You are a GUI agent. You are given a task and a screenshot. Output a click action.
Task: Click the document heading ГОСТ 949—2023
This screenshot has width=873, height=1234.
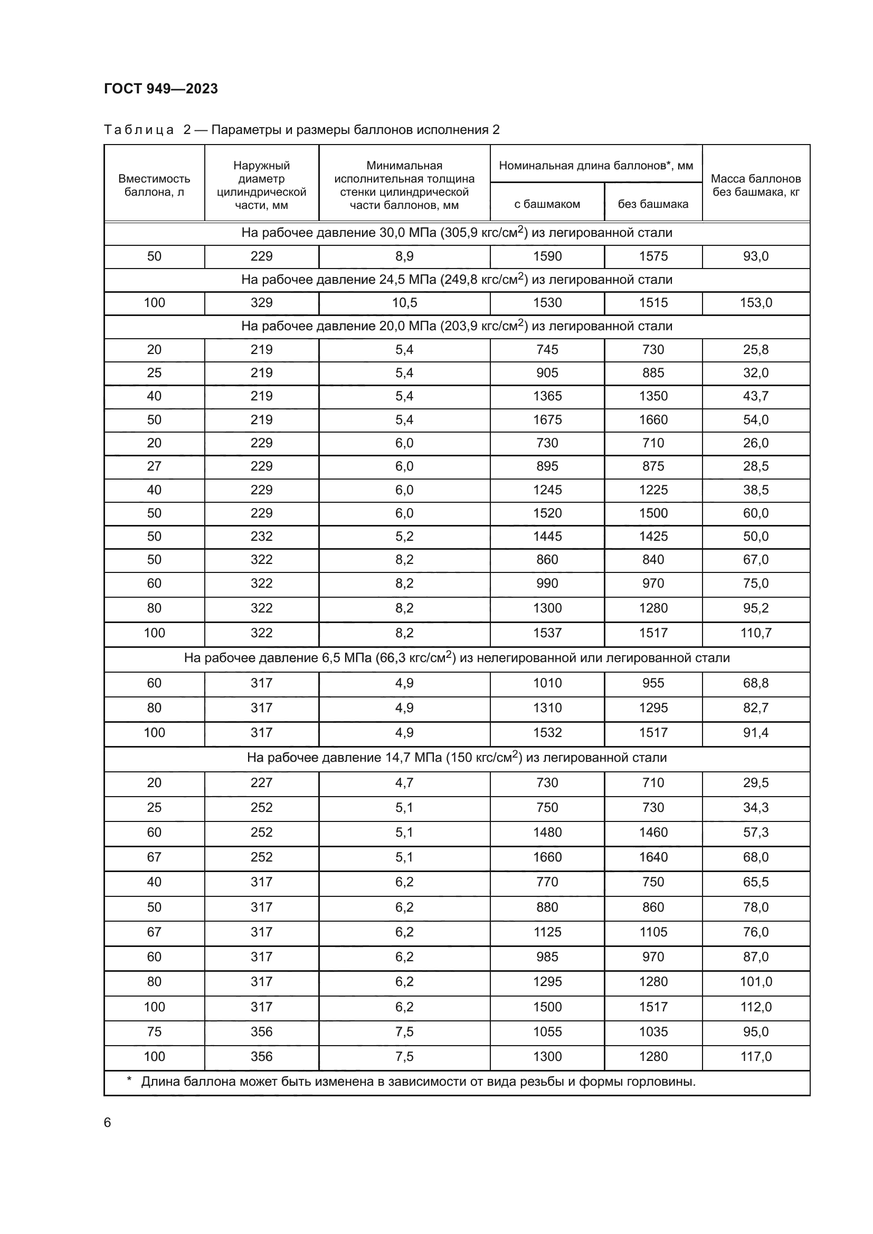click(x=161, y=89)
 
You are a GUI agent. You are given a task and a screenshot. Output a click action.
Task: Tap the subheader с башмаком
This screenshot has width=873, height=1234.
click(x=547, y=204)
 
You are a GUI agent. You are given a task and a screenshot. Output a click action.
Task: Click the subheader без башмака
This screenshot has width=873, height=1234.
click(x=652, y=204)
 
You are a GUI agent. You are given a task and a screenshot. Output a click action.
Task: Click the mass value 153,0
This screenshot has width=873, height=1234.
click(x=755, y=303)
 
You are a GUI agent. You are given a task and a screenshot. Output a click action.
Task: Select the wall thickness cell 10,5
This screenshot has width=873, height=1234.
click(x=404, y=303)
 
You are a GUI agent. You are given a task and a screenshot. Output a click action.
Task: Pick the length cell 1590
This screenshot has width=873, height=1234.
click(x=547, y=256)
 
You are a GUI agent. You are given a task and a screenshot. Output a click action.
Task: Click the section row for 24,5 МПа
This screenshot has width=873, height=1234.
click(x=457, y=280)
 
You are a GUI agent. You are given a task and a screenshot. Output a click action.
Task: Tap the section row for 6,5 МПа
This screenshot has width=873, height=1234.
click(x=457, y=658)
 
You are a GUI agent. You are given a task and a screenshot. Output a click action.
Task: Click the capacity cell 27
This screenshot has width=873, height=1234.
click(x=154, y=466)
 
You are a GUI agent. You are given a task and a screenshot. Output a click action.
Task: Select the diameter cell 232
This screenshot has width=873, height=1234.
click(x=261, y=537)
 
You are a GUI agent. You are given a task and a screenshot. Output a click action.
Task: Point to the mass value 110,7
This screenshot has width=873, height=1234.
click(x=755, y=633)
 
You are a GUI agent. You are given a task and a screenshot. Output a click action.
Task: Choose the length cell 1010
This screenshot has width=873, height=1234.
click(x=547, y=683)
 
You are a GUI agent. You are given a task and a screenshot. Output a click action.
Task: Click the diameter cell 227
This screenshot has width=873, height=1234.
click(x=261, y=783)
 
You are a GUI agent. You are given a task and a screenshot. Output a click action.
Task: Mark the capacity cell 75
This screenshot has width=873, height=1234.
click(x=154, y=1032)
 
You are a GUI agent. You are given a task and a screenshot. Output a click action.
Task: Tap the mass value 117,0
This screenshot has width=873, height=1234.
click(x=755, y=1057)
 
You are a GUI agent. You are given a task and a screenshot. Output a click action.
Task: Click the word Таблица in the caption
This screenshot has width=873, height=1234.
click(x=139, y=130)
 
